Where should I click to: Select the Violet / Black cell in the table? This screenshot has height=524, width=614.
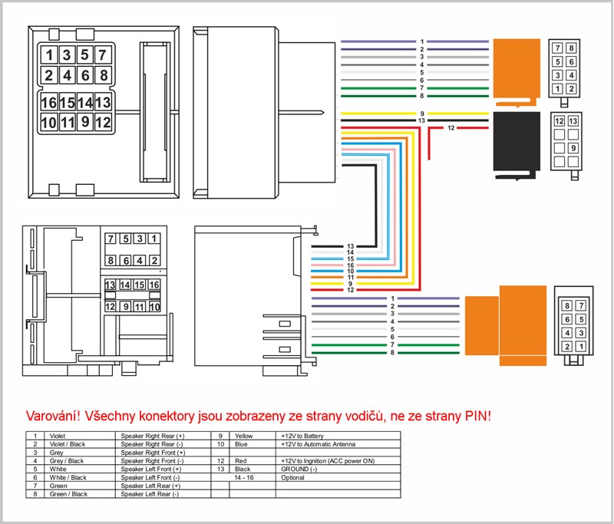tap(68, 444)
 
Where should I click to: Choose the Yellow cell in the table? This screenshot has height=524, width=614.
tap(244, 436)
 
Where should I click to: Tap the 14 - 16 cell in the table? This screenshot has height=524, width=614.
tap(245, 477)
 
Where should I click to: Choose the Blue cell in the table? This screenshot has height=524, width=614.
tap(242, 444)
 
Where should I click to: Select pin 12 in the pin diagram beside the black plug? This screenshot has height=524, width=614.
tap(560, 122)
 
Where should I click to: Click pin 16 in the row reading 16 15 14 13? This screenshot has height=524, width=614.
tap(49, 103)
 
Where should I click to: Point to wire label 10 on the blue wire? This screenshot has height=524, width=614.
tap(350, 271)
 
